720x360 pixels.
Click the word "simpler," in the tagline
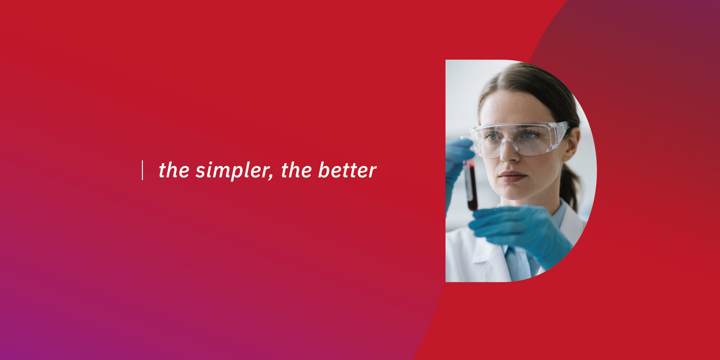pyautogui.click(x=234, y=171)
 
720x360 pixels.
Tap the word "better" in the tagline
pyautogui.click(x=347, y=170)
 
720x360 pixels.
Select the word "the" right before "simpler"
pyautogui.click(x=174, y=170)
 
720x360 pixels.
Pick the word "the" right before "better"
pyautogui.click(x=297, y=170)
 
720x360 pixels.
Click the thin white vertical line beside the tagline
pyautogui.click(x=142, y=170)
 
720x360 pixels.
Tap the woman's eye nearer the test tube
pyautogui.click(x=491, y=137)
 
